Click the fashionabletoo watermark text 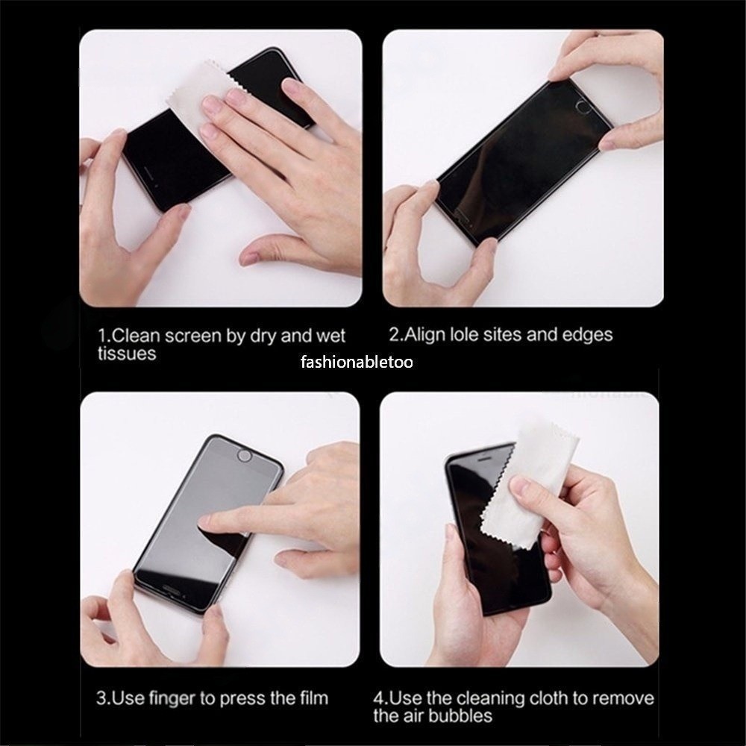(x=357, y=363)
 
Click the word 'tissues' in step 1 (x=127, y=354)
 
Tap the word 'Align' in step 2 (x=424, y=334)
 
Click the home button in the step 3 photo (x=244, y=456)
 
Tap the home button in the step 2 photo (x=583, y=107)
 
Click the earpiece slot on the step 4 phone (x=484, y=459)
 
